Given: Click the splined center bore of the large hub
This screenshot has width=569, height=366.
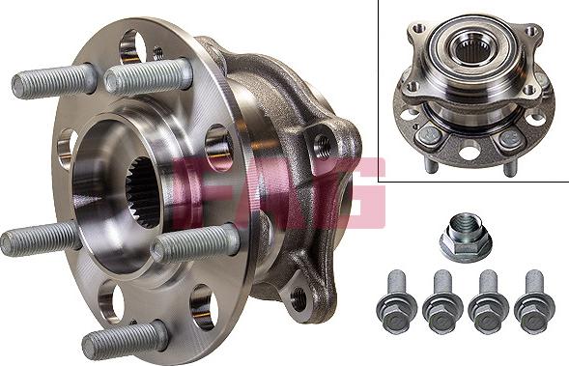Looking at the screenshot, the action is (x=143, y=192).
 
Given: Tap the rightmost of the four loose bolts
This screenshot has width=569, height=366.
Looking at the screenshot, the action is (x=534, y=301).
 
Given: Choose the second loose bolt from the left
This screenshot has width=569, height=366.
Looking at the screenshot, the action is (x=442, y=301).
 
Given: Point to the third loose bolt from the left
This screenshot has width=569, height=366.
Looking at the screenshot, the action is (x=489, y=301).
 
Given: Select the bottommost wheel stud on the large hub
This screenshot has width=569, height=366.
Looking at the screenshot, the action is (x=125, y=340).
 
